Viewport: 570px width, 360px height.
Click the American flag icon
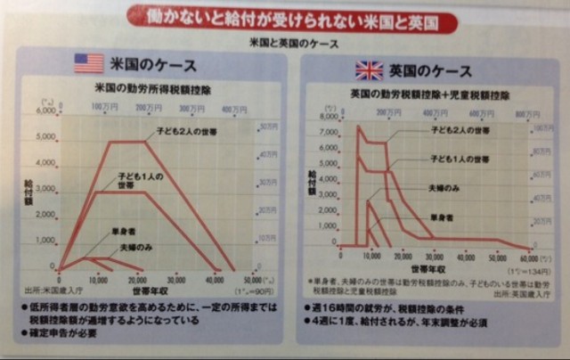click(88, 63)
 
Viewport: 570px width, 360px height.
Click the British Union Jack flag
click(369, 70)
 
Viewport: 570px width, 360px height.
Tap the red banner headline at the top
click(285, 15)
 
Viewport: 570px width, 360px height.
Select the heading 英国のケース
click(428, 70)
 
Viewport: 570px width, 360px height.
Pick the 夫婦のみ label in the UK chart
click(445, 189)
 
